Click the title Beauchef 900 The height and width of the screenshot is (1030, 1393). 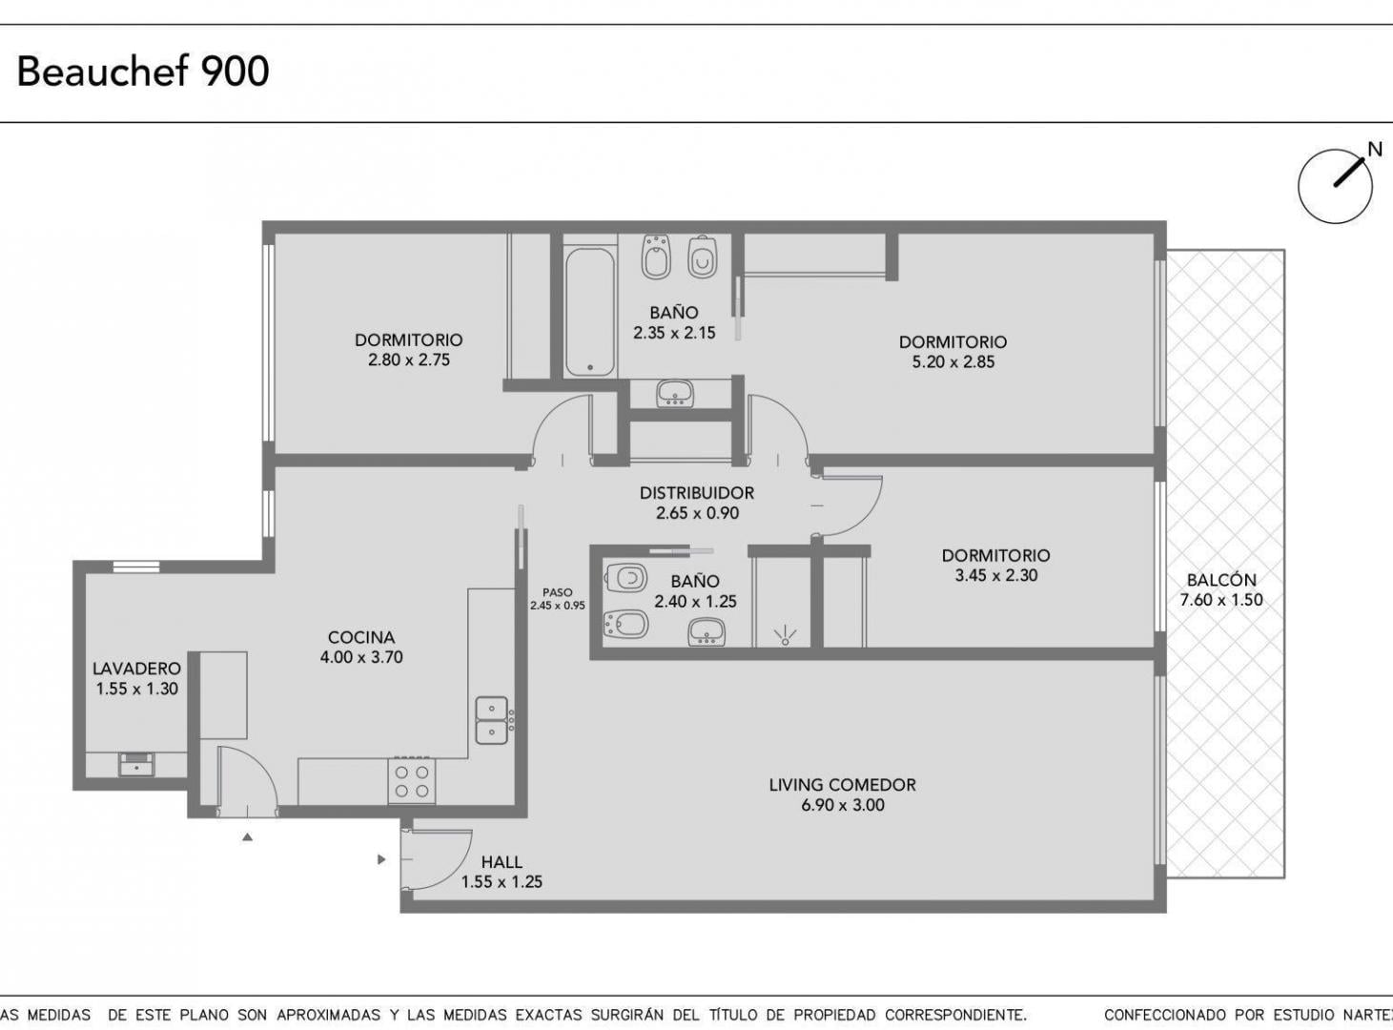(x=143, y=71)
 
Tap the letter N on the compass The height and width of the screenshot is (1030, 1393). (x=1375, y=150)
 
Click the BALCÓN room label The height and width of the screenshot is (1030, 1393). (x=1221, y=580)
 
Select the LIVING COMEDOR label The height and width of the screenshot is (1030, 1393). (x=842, y=785)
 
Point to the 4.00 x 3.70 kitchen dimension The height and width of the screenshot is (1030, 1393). (x=361, y=657)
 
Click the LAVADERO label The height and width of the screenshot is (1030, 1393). (x=137, y=669)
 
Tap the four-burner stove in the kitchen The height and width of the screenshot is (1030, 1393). (x=411, y=780)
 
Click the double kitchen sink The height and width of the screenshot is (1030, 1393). (x=492, y=720)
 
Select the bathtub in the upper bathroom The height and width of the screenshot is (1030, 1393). (x=590, y=312)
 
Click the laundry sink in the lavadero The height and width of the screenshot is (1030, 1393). (x=137, y=765)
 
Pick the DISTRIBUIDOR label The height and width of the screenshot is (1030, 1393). (x=696, y=493)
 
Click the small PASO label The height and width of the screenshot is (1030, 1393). (x=558, y=592)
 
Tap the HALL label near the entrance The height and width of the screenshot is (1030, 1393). (x=502, y=862)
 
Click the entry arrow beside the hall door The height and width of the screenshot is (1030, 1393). (x=381, y=859)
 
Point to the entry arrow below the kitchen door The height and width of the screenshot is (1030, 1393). (x=248, y=837)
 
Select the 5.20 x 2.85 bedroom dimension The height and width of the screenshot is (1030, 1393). (x=953, y=362)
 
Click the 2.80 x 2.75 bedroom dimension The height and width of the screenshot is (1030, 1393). (x=409, y=360)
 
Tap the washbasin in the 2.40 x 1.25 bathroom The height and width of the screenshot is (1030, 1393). (x=707, y=631)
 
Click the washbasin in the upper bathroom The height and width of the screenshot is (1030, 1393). (x=675, y=393)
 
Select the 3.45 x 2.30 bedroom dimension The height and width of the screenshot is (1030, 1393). (x=996, y=575)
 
